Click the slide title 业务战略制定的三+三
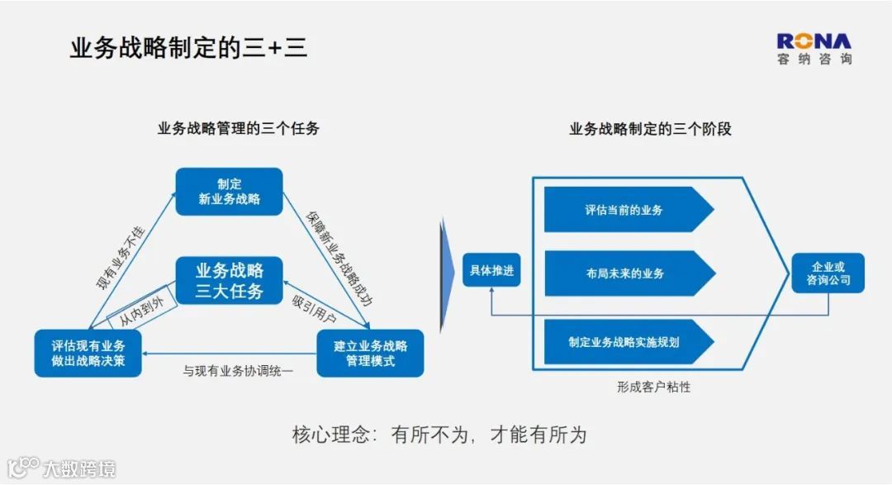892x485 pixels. click(x=188, y=49)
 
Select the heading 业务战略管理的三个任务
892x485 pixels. click(x=239, y=129)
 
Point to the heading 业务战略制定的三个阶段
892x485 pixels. click(x=651, y=130)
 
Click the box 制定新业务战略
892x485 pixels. click(x=229, y=192)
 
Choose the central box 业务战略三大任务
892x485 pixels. click(x=229, y=281)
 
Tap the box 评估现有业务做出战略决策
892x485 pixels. click(x=87, y=353)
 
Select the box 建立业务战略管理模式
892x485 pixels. click(x=370, y=353)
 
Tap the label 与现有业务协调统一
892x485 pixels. click(x=238, y=372)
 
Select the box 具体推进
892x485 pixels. click(x=491, y=270)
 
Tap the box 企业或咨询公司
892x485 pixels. click(x=828, y=274)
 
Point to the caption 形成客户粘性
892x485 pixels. click(x=653, y=387)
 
